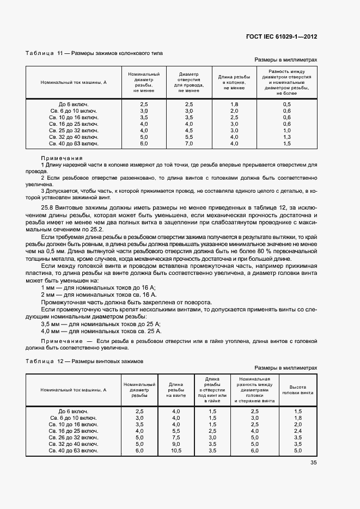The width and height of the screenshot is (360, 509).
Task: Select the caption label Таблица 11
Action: [x=40, y=53]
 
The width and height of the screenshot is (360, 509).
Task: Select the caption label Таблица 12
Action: [x=40, y=361]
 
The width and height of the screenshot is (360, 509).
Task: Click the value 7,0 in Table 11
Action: [x=189, y=144]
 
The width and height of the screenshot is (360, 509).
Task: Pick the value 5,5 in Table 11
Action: [x=189, y=137]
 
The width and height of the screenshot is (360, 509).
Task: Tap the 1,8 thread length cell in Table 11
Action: [x=234, y=104]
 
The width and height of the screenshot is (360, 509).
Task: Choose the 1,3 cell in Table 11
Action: [x=287, y=137]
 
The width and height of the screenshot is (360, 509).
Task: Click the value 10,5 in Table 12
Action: [x=176, y=451]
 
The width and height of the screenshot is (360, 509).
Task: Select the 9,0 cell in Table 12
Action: [x=176, y=444]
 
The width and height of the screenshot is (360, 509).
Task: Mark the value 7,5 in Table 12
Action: [x=176, y=437]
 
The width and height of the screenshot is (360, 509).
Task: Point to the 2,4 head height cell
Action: [x=297, y=431]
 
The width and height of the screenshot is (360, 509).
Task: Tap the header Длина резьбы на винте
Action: [x=176, y=389]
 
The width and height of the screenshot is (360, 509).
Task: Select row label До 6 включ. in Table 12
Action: [x=74, y=411]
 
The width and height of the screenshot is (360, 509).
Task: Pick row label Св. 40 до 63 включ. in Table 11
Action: [x=74, y=144]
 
